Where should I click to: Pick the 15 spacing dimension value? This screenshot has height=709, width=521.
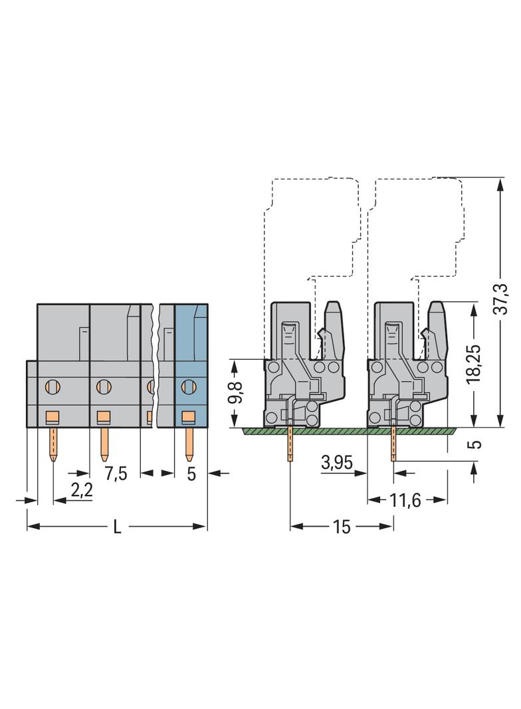pyautogui.click(x=342, y=527)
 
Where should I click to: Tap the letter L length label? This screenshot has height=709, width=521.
pyautogui.click(x=117, y=527)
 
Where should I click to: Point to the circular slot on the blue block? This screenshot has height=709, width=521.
pyautogui.click(x=187, y=384)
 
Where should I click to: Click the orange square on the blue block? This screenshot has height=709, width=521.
pyautogui.click(x=189, y=417)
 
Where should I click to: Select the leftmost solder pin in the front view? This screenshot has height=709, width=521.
pyautogui.click(x=52, y=444)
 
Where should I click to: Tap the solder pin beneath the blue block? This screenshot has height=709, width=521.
pyautogui.click(x=189, y=444)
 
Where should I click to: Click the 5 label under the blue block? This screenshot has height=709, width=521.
pyautogui.click(x=191, y=474)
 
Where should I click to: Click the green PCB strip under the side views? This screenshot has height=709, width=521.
pyautogui.click(x=346, y=431)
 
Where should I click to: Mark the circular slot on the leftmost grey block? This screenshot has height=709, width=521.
pyautogui.click(x=52, y=384)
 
